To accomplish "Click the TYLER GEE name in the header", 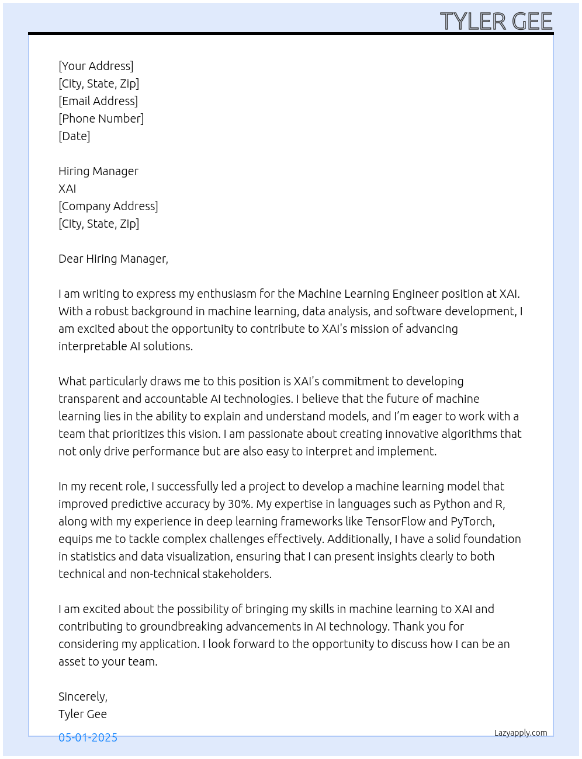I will pyautogui.click(x=496, y=22).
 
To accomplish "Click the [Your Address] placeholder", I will pyautogui.click(x=96, y=66).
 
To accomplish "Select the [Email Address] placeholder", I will pyautogui.click(x=98, y=101).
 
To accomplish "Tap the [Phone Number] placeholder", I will pyautogui.click(x=101, y=119).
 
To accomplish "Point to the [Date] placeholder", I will pyautogui.click(x=74, y=136).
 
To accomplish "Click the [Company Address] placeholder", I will pyautogui.click(x=108, y=206).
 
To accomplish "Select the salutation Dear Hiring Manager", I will pyautogui.click(x=113, y=259).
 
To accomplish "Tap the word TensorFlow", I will pyautogui.click(x=396, y=521).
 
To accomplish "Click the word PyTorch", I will pyautogui.click(x=472, y=521).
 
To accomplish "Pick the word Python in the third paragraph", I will pyautogui.click(x=451, y=504).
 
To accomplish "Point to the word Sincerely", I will pyautogui.click(x=82, y=697).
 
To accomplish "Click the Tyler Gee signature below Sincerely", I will pyautogui.click(x=82, y=714).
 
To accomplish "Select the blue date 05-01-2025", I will pyautogui.click(x=88, y=737).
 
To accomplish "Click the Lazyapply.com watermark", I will pyautogui.click(x=521, y=733).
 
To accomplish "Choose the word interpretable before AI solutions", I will pyautogui.click(x=91, y=346).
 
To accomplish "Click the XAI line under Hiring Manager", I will pyautogui.click(x=67, y=189).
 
